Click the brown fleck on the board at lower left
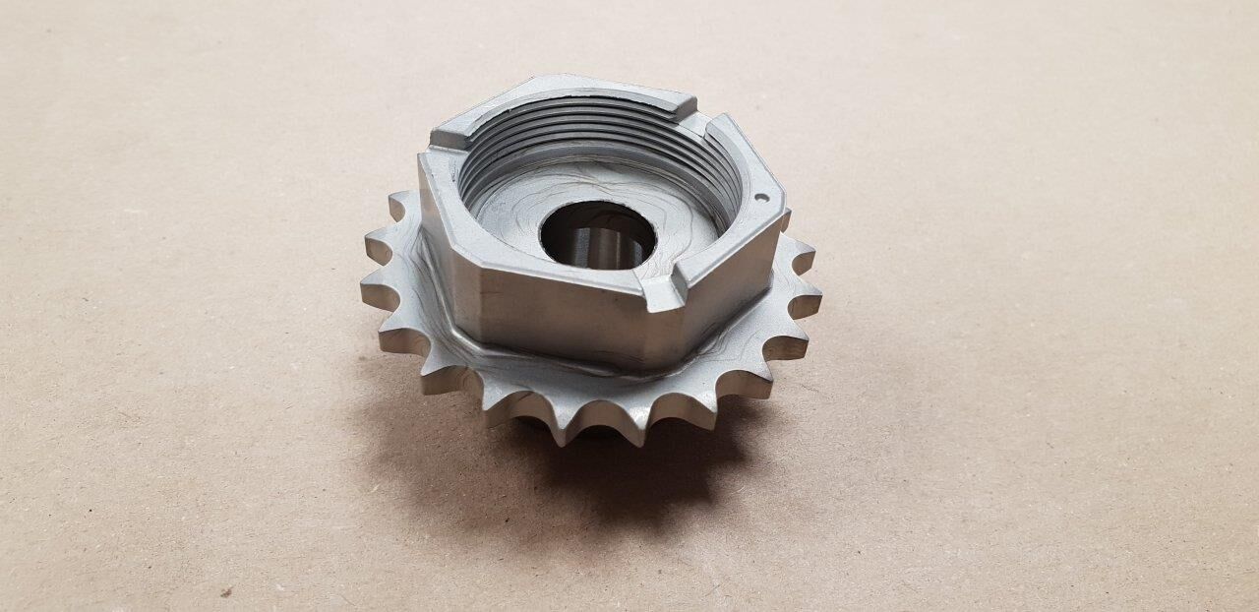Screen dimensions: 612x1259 pos(226,591)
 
